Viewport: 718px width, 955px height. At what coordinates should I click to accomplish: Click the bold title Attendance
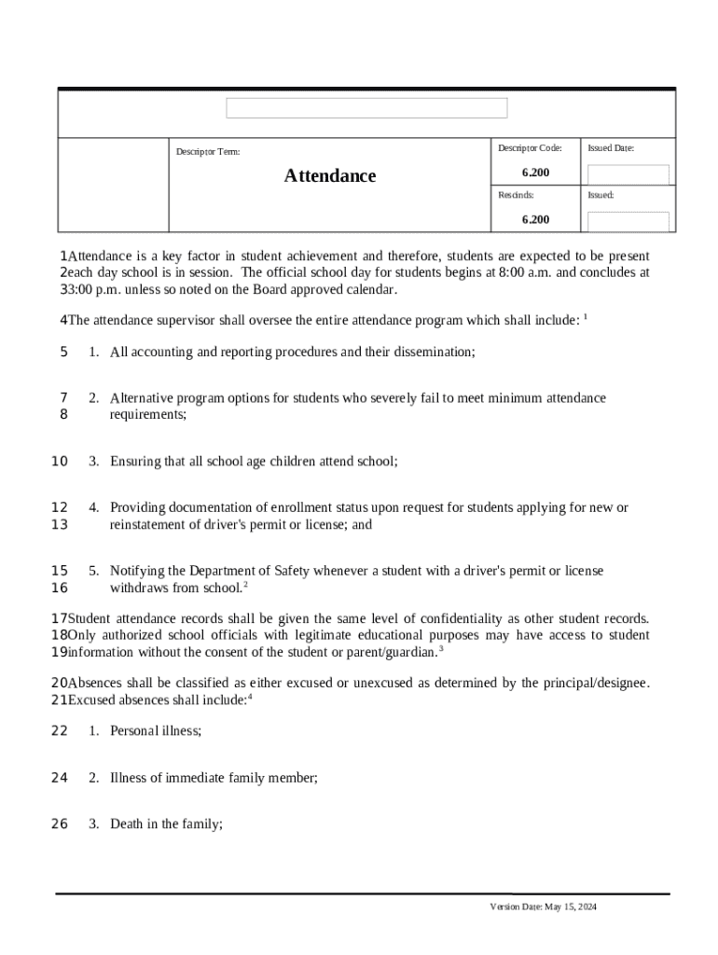(330, 176)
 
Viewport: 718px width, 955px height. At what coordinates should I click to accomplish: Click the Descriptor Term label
(208, 151)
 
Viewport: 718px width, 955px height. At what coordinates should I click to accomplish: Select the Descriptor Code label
(530, 148)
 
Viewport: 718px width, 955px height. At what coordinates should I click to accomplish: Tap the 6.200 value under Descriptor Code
(535, 173)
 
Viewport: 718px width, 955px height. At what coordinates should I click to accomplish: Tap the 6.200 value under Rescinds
(535, 219)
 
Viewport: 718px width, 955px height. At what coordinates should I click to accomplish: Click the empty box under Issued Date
(628, 174)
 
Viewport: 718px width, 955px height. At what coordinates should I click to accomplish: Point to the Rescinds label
(516, 196)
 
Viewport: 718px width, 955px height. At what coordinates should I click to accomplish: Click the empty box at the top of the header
(366, 108)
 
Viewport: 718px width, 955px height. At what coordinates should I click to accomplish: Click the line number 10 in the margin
(60, 461)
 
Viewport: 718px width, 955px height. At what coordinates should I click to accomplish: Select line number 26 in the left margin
(60, 824)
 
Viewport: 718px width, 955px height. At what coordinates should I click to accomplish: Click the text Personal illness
(155, 731)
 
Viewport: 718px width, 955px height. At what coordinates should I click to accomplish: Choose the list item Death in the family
(166, 824)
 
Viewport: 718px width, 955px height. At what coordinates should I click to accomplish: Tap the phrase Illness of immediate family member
(214, 777)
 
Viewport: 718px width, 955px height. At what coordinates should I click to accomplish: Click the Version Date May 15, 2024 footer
(543, 907)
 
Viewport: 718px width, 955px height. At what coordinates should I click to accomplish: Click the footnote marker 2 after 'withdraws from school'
(245, 585)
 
